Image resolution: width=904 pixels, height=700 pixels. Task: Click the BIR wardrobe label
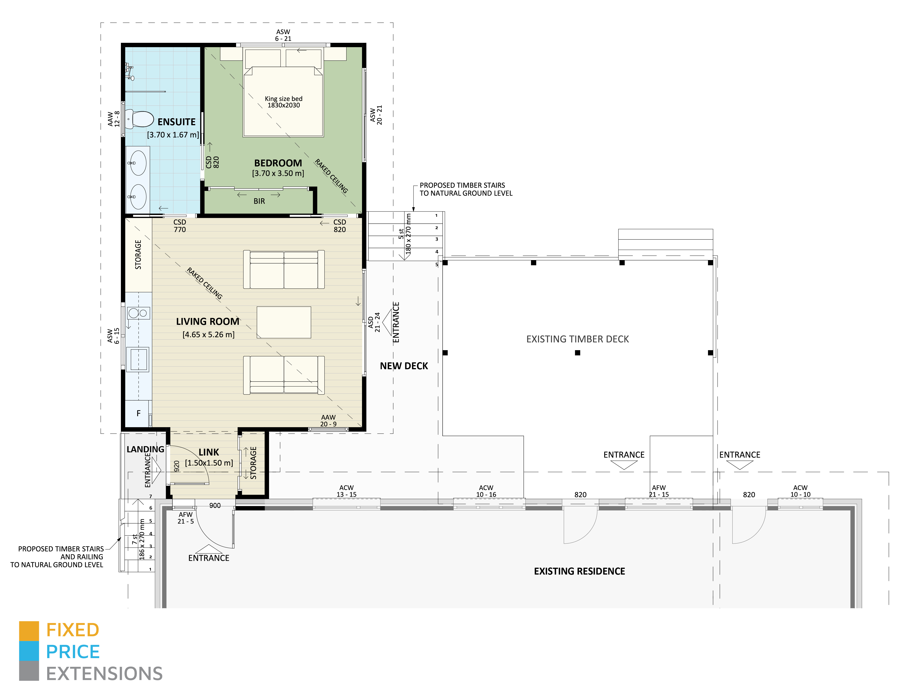pos(259,201)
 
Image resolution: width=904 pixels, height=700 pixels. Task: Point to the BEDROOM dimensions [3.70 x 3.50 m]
pos(278,173)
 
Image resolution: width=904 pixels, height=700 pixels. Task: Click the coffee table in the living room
pos(283,322)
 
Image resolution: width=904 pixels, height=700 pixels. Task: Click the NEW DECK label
pos(403,366)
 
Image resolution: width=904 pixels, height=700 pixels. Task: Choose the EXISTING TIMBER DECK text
pos(577,339)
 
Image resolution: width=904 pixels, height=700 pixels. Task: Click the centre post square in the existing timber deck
pos(577,353)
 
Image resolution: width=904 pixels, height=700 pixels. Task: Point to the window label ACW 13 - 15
pos(346,491)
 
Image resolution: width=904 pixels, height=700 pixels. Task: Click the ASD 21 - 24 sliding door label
pos(374,322)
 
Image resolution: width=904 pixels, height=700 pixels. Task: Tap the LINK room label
pos(209,452)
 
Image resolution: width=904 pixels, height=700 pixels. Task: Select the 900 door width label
pos(215,506)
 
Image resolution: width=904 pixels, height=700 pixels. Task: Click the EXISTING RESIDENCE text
pos(579,571)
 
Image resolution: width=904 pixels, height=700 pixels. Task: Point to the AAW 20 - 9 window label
pos(328,421)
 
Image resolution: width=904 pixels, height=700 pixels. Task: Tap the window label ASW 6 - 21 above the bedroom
pos(283,35)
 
